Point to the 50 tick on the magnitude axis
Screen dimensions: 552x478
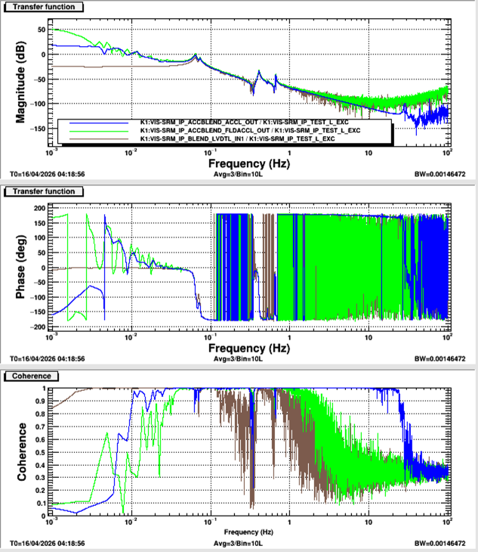[x=42, y=29]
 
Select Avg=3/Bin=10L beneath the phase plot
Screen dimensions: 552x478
[x=239, y=358]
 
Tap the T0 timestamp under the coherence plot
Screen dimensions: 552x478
[x=47, y=543]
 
